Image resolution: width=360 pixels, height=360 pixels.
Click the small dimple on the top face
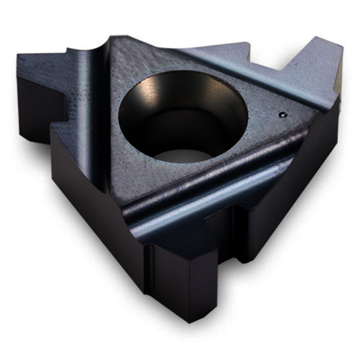point(281,114)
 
